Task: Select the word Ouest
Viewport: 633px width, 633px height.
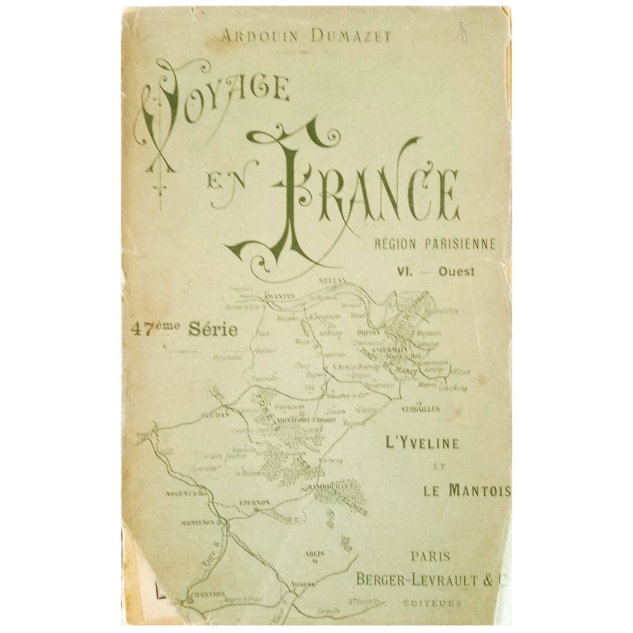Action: pyautogui.click(x=457, y=271)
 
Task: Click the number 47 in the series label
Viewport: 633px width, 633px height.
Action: pyautogui.click(x=142, y=329)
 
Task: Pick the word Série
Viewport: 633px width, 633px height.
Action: pyautogui.click(x=213, y=329)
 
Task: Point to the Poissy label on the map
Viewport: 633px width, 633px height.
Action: pyautogui.click(x=378, y=331)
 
